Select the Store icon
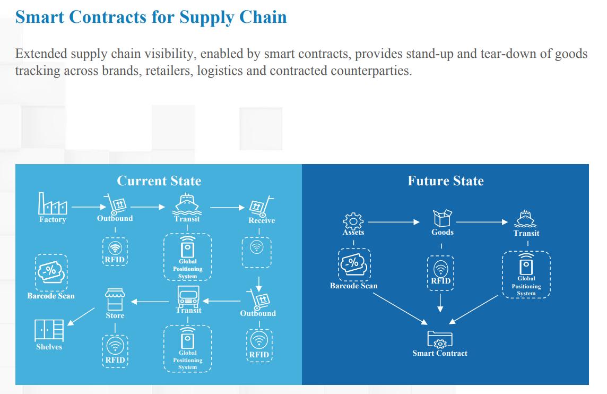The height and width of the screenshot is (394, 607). (115, 299)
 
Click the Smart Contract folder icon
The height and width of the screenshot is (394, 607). (440, 338)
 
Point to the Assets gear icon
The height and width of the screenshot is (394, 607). (353, 220)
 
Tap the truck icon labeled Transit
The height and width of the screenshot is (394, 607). (188, 297)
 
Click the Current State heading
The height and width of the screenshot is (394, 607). (159, 181)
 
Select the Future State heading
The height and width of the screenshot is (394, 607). (445, 181)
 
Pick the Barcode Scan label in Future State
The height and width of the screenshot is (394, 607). (353, 286)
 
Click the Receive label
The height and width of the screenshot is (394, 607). (262, 220)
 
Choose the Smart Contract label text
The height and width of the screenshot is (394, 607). (440, 353)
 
